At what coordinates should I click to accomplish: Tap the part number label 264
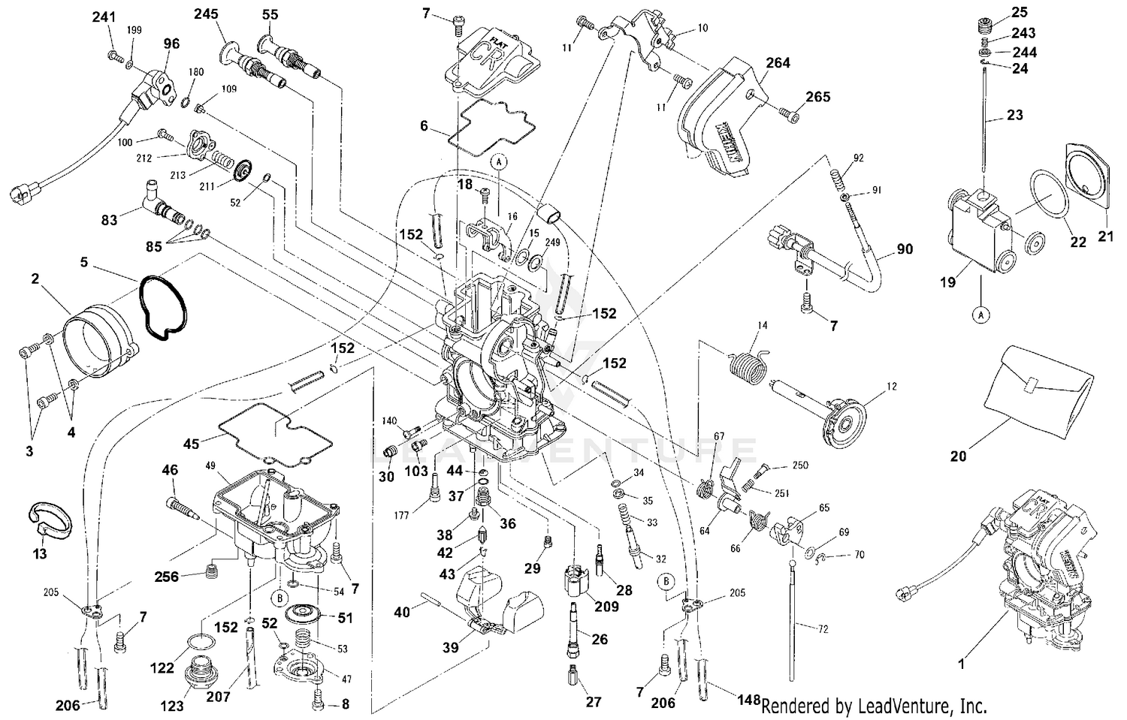click(x=778, y=63)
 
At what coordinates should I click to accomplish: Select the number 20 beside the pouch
click(x=958, y=456)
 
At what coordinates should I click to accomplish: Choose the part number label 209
click(x=607, y=606)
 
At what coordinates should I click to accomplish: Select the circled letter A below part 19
click(x=981, y=316)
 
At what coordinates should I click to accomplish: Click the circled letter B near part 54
click(x=279, y=598)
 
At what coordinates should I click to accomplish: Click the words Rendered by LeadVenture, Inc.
click(x=874, y=706)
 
